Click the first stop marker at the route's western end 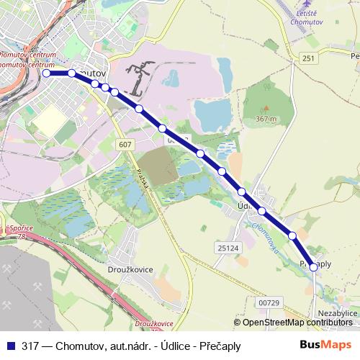(x=46, y=73)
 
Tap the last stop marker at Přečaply (x=313, y=266)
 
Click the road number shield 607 (x=126, y=145)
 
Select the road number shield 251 (x=309, y=58)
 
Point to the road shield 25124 (x=228, y=248)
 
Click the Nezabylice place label (x=337, y=314)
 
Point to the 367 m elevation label (x=266, y=119)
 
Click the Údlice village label (x=247, y=206)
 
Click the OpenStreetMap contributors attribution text (x=297, y=323)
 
